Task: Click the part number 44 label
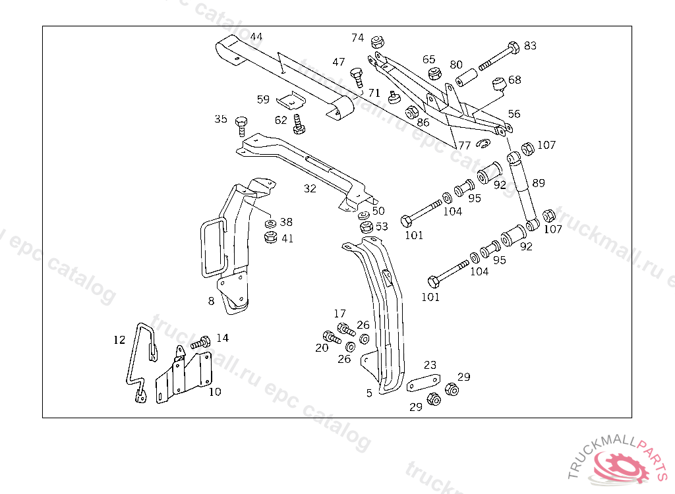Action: [256, 37]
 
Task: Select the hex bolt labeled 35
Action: [241, 123]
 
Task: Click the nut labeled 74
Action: [378, 42]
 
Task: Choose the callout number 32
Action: [310, 189]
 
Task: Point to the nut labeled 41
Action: [270, 237]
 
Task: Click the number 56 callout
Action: [514, 114]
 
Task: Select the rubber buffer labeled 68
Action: [499, 84]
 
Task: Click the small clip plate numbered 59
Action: [289, 101]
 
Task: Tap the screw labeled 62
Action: [298, 124]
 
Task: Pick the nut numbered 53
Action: [366, 228]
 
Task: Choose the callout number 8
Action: [211, 301]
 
